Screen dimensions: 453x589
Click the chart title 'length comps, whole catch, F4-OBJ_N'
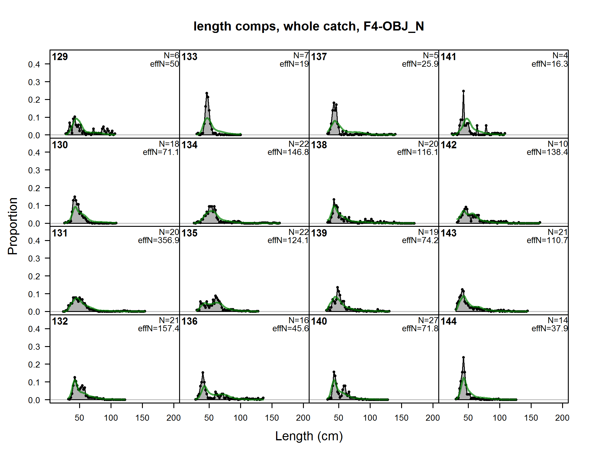[x=309, y=26]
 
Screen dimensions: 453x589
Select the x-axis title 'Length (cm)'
[x=309, y=436]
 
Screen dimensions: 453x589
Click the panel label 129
[x=60, y=57]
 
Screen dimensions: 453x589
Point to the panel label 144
[x=449, y=321]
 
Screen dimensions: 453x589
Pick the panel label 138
[x=319, y=145]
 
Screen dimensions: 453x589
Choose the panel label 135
[x=189, y=233]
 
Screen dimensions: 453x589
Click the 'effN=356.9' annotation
[x=159, y=240]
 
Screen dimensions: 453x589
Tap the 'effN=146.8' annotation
[x=288, y=152]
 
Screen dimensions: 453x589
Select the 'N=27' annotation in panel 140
[x=428, y=320]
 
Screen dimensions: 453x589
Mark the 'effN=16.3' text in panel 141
[x=550, y=64]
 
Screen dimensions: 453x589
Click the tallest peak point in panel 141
[x=463, y=91]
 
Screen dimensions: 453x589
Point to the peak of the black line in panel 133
[x=207, y=93]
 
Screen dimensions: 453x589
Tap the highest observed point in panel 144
[x=463, y=358]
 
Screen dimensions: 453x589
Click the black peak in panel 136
[x=203, y=372]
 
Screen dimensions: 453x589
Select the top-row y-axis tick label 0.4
[x=34, y=64]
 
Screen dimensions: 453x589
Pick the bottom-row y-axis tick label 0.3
[x=34, y=347]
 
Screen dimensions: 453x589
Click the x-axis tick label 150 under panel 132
[x=142, y=418]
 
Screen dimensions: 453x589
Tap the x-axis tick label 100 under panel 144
[x=500, y=418]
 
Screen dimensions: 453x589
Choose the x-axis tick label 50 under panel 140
[x=339, y=418]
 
